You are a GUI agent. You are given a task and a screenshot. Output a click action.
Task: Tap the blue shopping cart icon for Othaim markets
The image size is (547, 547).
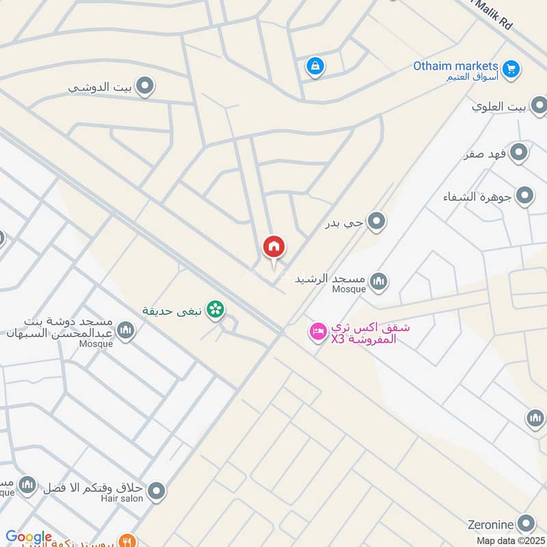coord(511,68)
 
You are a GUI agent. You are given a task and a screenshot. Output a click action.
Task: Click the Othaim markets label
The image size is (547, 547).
coord(455,66)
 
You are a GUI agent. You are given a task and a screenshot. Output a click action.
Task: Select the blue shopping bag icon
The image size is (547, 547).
coord(314,66)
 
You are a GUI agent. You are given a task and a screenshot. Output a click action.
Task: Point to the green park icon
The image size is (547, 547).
coord(216,310)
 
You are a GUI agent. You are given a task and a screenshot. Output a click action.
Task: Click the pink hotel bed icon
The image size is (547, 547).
coord(317,333)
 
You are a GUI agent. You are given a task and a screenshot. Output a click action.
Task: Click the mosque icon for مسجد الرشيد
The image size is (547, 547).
coord(378,280)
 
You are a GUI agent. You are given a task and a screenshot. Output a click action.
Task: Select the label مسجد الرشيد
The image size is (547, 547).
coord(331,280)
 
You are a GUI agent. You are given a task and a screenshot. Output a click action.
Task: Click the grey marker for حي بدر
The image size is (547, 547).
coord(376,222)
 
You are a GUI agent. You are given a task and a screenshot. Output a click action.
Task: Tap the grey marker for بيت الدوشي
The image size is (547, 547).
coord(144,87)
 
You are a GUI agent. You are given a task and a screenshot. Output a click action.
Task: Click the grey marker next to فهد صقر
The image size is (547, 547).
coord(519,152)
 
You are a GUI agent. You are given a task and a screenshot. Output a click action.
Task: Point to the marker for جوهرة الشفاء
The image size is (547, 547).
coord(524,197)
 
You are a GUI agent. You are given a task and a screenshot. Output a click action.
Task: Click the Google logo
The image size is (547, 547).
coord(29,537)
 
